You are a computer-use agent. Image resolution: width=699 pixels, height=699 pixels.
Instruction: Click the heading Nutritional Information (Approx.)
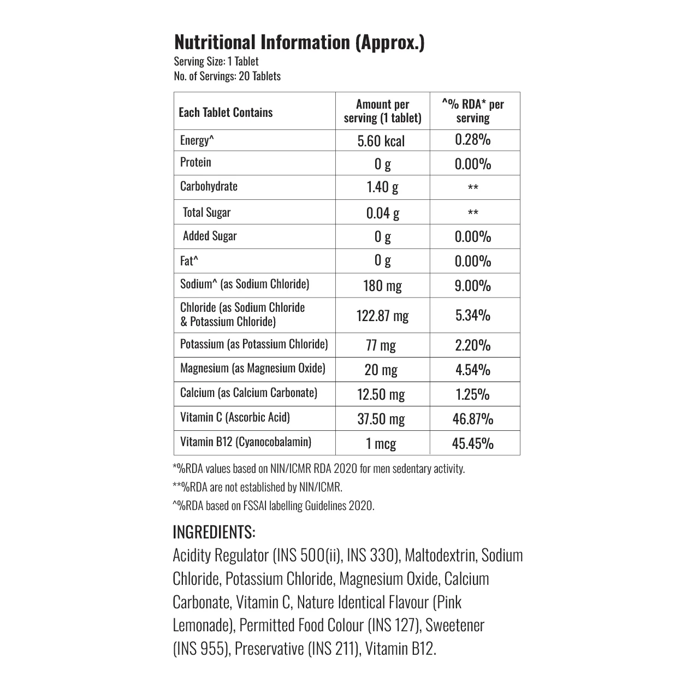(x=299, y=42)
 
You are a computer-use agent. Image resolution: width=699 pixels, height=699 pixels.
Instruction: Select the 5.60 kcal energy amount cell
(x=381, y=141)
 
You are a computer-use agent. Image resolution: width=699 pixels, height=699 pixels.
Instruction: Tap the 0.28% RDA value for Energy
(x=473, y=140)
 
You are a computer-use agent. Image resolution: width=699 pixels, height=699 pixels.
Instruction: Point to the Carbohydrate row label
(x=209, y=186)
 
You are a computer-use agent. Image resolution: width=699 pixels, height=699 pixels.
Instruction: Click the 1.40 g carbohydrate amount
(x=382, y=187)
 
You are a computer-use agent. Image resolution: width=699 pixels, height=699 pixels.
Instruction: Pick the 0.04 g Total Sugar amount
(x=382, y=212)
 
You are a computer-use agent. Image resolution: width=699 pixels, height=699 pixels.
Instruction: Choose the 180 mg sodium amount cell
(x=382, y=286)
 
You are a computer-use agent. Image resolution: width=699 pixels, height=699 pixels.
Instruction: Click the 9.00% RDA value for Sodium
(x=473, y=286)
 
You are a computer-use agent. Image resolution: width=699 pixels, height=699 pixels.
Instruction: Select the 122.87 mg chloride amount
(x=382, y=316)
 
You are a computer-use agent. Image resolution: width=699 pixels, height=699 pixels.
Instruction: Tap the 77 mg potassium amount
(x=381, y=345)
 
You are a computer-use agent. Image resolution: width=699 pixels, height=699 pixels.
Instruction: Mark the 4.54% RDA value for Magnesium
(x=473, y=370)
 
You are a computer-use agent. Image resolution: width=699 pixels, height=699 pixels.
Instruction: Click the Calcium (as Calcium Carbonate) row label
(x=248, y=393)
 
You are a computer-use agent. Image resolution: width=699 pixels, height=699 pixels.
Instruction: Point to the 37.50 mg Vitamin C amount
(x=381, y=419)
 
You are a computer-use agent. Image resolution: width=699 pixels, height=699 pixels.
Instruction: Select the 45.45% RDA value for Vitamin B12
(x=473, y=443)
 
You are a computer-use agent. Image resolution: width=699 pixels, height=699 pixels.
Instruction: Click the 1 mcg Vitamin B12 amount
(x=381, y=443)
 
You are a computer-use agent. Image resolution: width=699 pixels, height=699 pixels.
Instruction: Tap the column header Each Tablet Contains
(x=226, y=112)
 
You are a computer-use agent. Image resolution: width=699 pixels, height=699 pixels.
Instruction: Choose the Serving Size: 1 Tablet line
(x=216, y=61)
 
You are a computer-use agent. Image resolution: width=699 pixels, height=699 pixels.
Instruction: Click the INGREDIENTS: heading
(x=214, y=531)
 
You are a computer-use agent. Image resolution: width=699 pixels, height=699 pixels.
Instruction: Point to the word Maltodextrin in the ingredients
(x=442, y=555)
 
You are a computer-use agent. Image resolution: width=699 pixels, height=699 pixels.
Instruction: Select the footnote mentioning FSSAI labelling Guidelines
(x=274, y=505)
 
